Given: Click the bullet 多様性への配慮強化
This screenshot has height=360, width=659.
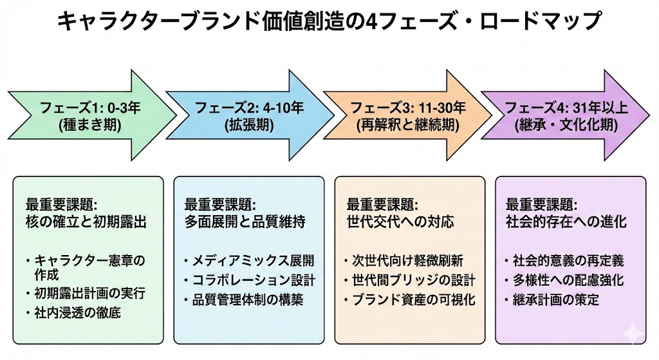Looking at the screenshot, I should (569, 281).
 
